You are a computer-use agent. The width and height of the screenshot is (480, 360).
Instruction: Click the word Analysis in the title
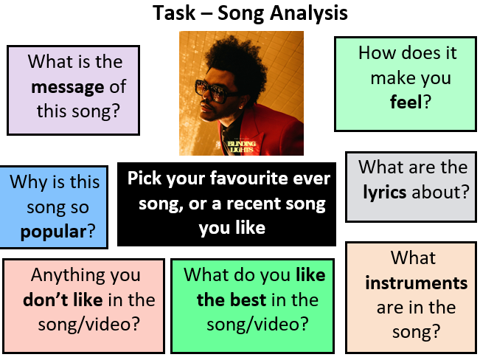point(304,13)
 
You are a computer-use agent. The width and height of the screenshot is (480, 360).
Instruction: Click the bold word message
point(67,87)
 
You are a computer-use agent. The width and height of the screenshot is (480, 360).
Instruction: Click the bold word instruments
point(416,283)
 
